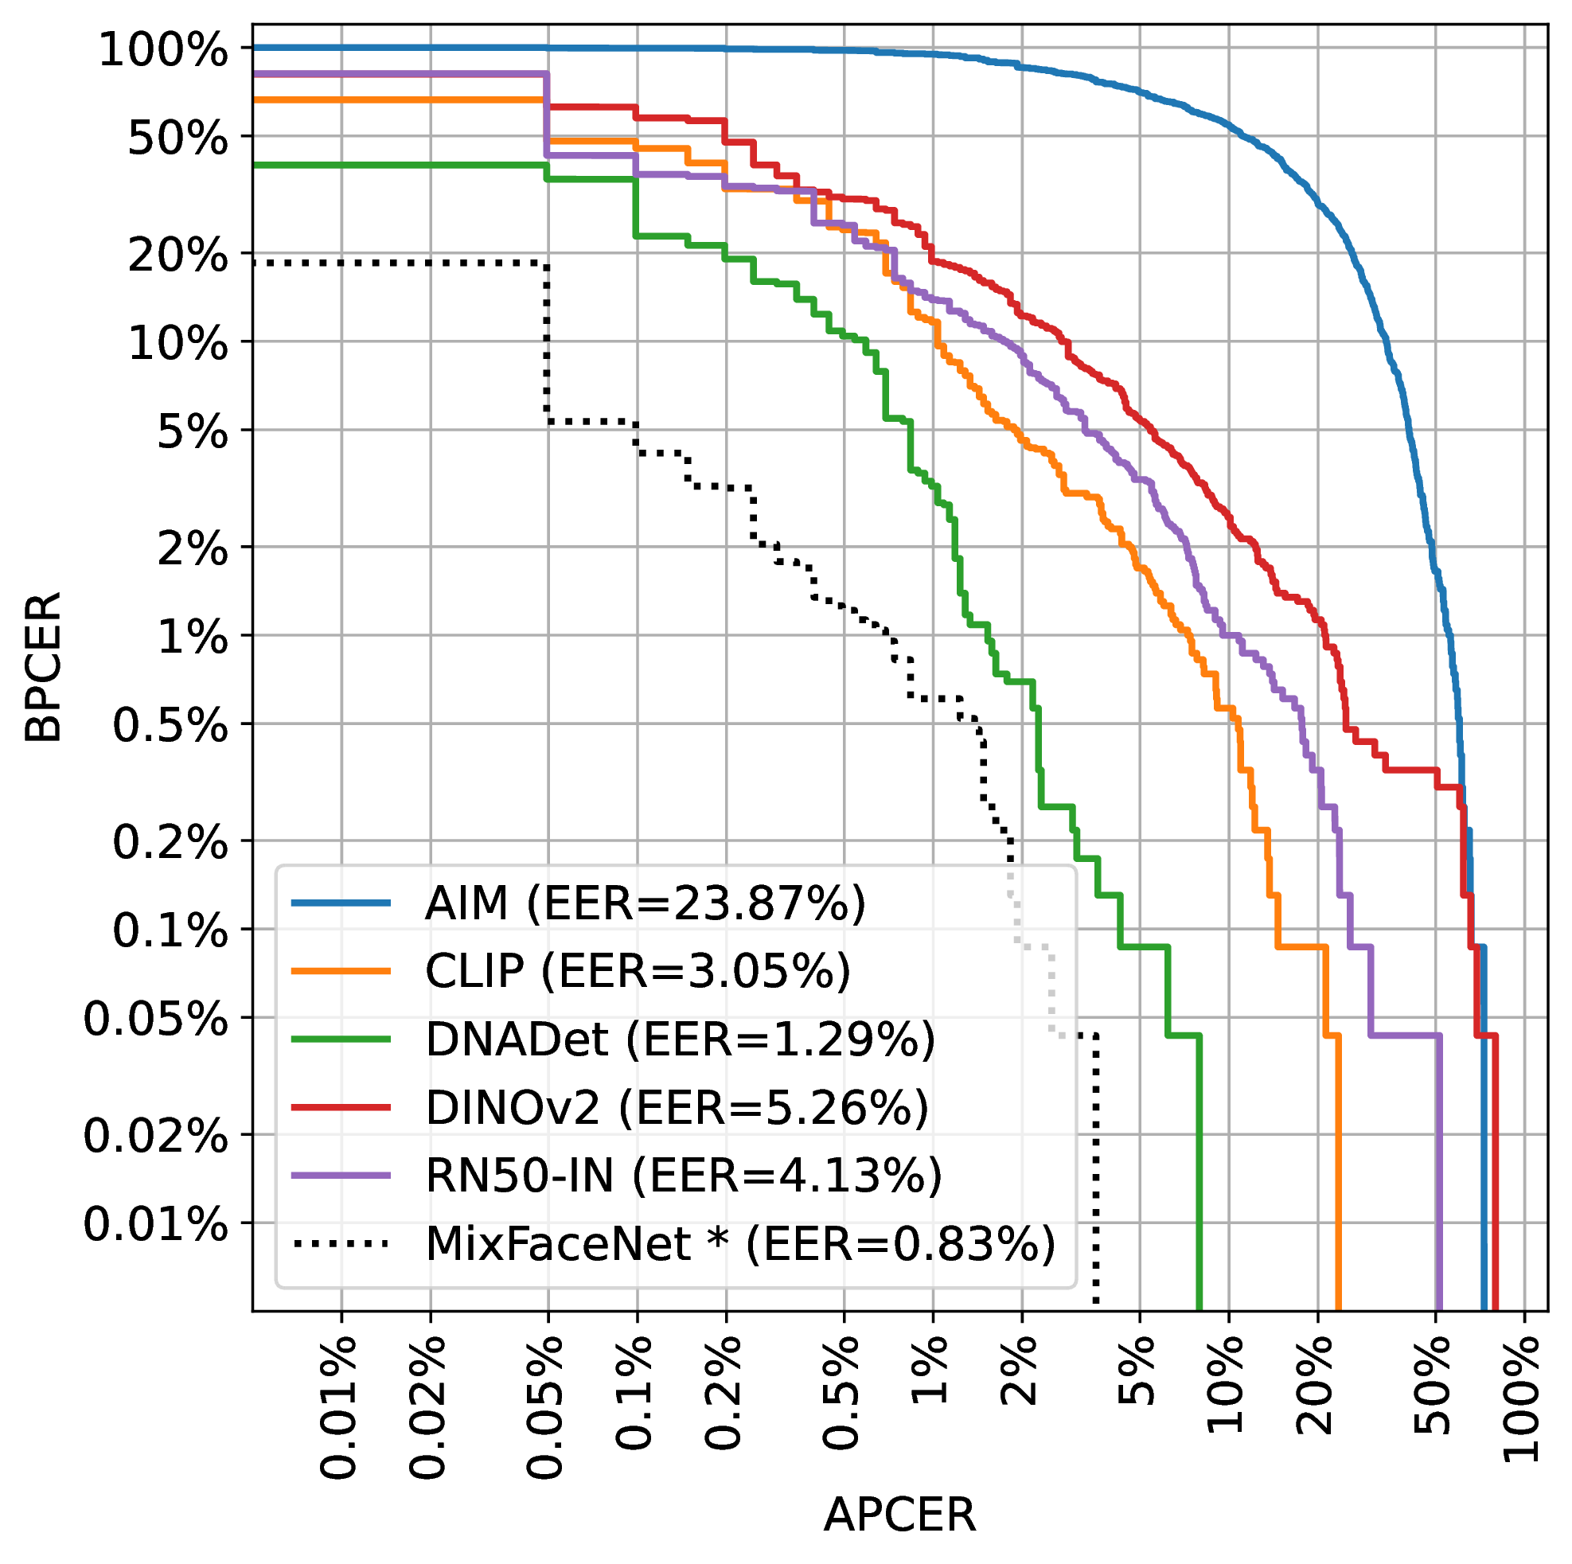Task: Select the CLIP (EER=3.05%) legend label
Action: point(637,971)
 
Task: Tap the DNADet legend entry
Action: point(680,1039)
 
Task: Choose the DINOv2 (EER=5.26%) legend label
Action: point(676,1107)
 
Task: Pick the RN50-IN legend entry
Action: point(683,1176)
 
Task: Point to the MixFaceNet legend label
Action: point(739,1244)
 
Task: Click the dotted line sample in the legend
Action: point(341,1243)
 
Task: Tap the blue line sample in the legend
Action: point(341,903)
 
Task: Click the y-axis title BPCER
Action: point(42,667)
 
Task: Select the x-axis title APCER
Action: point(899,1515)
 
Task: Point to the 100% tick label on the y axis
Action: point(162,51)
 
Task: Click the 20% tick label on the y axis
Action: point(177,256)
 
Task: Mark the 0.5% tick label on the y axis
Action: point(170,725)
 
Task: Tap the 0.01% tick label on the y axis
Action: point(155,1225)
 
